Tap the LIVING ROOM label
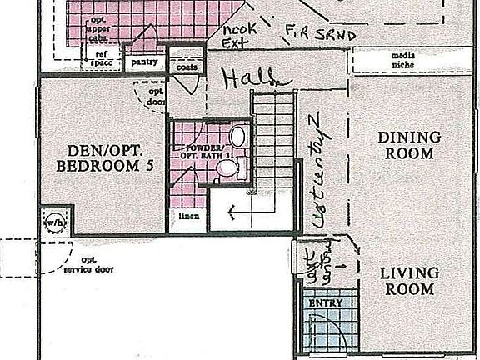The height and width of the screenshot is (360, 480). click(x=407, y=281)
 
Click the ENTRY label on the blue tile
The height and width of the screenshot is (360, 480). click(x=326, y=303)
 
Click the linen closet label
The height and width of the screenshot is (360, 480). click(x=187, y=217)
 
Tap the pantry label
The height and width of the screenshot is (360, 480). click(x=145, y=61)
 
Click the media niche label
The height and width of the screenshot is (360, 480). click(x=402, y=61)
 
